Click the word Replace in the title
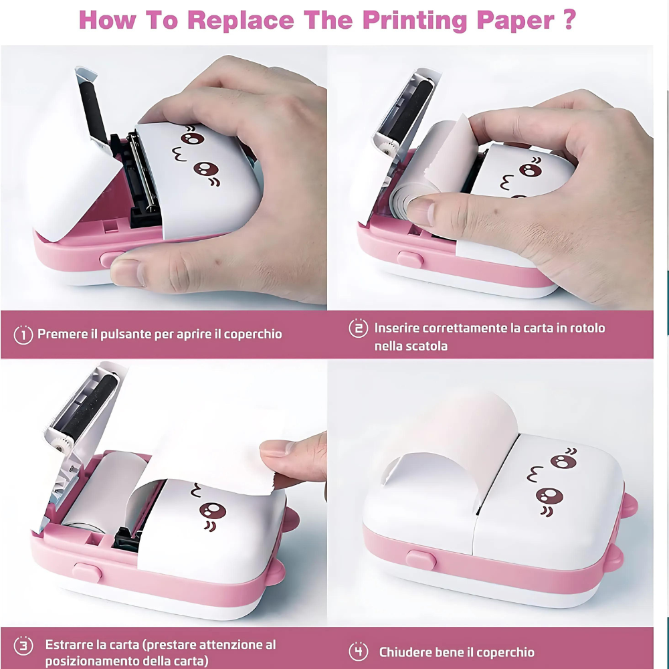point(241,21)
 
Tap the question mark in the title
point(569,19)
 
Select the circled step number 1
point(23,334)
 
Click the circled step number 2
point(358,328)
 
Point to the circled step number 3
point(23,645)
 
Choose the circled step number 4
point(358,652)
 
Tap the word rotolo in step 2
point(587,328)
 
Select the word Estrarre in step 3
point(70,644)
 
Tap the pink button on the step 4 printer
point(421,559)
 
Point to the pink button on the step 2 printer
point(410,260)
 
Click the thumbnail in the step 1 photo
point(126,272)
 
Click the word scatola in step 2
point(428,346)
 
